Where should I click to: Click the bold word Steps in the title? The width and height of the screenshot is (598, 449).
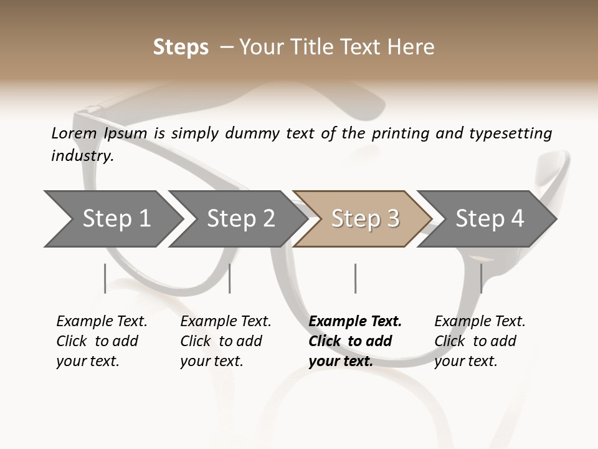pyautogui.click(x=181, y=47)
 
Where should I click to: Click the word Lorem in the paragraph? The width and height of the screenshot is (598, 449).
pyautogui.click(x=74, y=133)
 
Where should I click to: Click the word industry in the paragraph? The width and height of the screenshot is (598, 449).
pyautogui.click(x=82, y=155)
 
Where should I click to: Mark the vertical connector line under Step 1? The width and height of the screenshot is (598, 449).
pyautogui.click(x=105, y=278)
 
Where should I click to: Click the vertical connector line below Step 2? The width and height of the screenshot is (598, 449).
pyautogui.click(x=230, y=278)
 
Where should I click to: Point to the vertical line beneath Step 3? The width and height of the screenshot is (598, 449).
pyautogui.click(x=355, y=278)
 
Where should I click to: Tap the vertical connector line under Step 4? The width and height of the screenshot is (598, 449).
pyautogui.click(x=481, y=278)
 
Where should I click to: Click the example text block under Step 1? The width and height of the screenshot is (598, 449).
pyautogui.click(x=102, y=340)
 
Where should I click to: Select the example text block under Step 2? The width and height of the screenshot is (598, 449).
pyautogui.click(x=225, y=340)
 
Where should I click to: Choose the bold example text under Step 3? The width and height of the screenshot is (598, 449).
pyautogui.click(x=355, y=340)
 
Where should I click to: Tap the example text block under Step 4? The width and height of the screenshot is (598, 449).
pyautogui.click(x=480, y=340)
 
